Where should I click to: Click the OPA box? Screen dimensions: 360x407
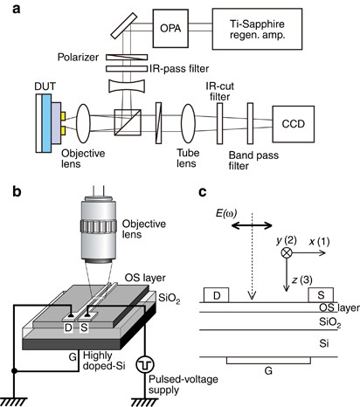click(x=170, y=28)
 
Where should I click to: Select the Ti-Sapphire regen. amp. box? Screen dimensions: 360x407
click(x=257, y=29)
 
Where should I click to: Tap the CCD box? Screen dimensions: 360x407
click(x=294, y=124)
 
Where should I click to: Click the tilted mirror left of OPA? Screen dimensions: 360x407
click(x=124, y=25)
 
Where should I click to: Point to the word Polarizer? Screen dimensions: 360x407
click(x=78, y=57)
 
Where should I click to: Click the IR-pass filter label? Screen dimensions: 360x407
click(x=179, y=69)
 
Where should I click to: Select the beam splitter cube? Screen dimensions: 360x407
click(x=128, y=122)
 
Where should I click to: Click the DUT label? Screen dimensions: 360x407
click(x=45, y=86)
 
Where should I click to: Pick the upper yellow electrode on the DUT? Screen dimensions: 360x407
click(x=63, y=116)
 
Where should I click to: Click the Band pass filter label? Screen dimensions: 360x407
click(x=253, y=161)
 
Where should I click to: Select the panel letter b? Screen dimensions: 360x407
click(x=17, y=191)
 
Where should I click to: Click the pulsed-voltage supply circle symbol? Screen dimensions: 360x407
click(x=145, y=364)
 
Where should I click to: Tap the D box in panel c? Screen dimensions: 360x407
click(x=217, y=295)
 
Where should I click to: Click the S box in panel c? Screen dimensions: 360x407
click(x=321, y=295)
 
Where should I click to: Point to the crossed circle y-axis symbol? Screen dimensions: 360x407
click(x=287, y=252)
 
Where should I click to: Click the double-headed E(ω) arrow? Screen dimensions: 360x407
click(x=252, y=225)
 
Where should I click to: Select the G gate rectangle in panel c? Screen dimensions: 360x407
click(x=268, y=361)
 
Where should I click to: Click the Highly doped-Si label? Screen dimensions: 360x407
click(x=104, y=361)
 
